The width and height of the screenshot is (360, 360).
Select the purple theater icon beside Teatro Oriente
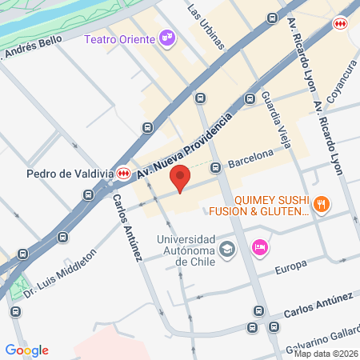pos(166,37)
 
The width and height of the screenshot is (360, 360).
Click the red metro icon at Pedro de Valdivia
pos(124,173)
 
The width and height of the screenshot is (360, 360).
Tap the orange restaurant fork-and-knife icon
pos(322,204)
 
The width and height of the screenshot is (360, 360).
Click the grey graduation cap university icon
pos(228,250)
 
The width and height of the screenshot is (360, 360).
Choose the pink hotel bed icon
pos(259,249)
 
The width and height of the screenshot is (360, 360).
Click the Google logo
pos(27,350)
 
